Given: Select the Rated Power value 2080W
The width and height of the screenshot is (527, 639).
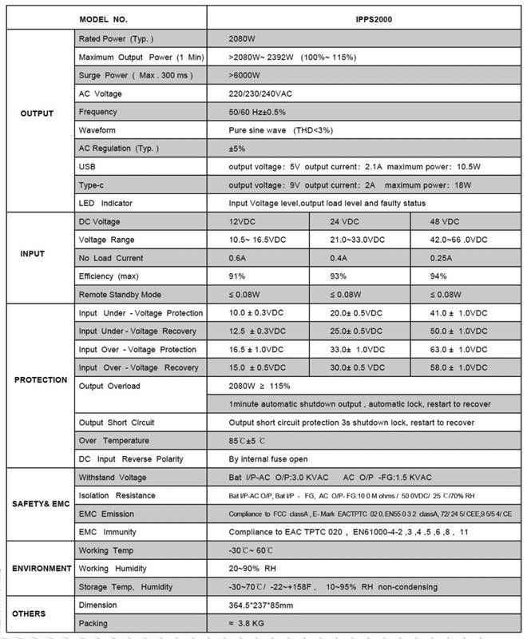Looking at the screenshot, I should click(243, 38).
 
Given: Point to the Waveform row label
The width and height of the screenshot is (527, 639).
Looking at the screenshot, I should click(97, 130).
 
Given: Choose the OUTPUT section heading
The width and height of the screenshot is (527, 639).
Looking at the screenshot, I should click(37, 113).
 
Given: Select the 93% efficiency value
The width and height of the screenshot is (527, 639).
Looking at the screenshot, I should click(342, 276).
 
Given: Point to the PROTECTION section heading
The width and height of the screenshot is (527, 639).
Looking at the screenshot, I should click(41, 379).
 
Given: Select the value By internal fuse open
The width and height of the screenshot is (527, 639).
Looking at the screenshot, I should click(268, 458).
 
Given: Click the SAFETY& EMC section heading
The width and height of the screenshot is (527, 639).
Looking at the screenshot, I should click(41, 504).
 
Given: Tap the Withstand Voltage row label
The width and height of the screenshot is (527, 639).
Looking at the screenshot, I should click(112, 477).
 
